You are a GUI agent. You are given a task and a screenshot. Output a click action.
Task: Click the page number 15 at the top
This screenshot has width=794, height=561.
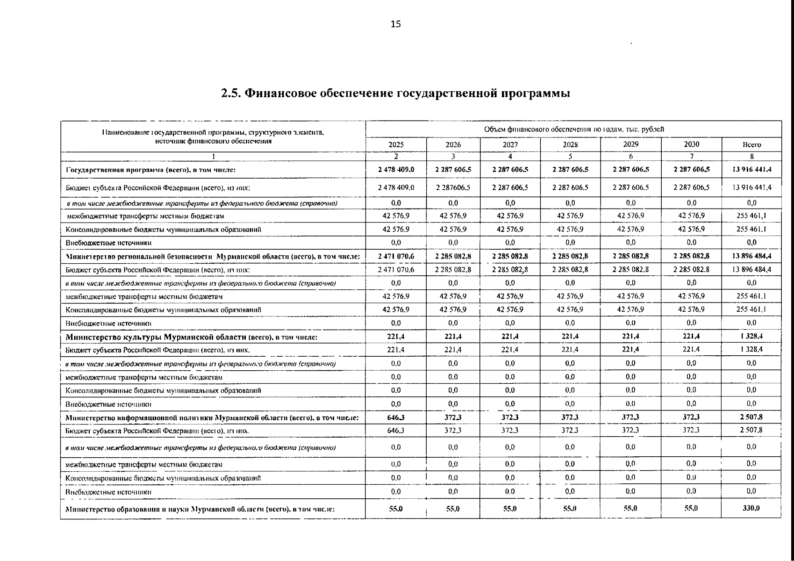[395, 24]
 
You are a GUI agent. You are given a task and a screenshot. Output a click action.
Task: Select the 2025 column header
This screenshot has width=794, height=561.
[396, 144]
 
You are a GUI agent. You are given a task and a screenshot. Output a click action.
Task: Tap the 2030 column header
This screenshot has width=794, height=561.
[691, 144]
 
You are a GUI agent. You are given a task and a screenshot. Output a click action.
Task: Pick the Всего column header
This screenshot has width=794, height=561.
[751, 145]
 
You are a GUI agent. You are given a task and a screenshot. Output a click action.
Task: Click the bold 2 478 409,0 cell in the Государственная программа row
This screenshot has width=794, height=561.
[396, 170]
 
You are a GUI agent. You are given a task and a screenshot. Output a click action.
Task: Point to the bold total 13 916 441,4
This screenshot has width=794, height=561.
[751, 170]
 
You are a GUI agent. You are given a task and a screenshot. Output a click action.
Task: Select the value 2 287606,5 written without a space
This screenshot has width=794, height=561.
[453, 187]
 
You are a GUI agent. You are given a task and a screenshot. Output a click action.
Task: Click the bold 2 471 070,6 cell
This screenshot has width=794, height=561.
[396, 256]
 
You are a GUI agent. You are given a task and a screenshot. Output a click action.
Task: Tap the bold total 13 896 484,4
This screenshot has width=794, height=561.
[751, 256]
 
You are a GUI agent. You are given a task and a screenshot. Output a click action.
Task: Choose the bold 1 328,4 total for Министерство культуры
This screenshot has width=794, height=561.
[751, 336]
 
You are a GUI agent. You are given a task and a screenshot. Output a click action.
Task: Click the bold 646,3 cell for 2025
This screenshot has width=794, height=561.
[396, 417]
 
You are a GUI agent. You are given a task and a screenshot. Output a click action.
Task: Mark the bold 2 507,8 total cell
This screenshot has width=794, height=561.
[751, 417]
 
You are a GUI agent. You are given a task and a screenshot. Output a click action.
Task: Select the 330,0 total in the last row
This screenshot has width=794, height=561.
[751, 509]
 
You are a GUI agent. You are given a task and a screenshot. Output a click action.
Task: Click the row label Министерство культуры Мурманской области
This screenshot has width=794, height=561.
[192, 337]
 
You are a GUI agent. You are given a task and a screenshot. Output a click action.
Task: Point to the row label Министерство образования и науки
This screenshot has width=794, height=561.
[200, 510]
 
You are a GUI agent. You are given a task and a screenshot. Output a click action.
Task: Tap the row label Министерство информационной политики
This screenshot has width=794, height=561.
[212, 417]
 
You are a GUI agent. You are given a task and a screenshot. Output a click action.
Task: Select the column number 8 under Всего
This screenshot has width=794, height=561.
[751, 157]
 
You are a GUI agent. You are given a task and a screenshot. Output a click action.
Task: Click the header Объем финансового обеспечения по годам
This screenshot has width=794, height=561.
[574, 129]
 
